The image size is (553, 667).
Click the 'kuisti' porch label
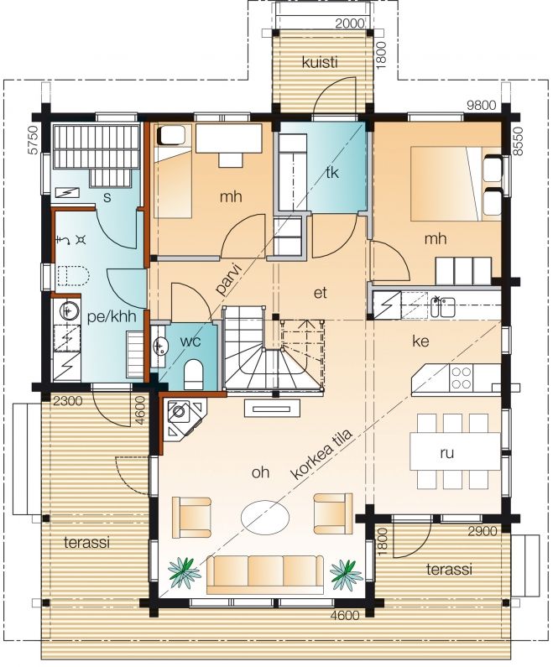(x=320, y=63)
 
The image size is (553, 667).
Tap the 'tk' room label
(x=331, y=172)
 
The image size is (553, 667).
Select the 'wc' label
(x=190, y=341)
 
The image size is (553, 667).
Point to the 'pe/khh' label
(x=112, y=317)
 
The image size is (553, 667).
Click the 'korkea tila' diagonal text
(x=321, y=454)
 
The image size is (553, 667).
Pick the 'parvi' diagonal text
(x=227, y=279)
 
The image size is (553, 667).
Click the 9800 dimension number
(x=481, y=105)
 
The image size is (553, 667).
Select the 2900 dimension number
(x=482, y=531)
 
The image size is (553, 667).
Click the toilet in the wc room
(x=194, y=374)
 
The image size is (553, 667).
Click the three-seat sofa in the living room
(x=264, y=574)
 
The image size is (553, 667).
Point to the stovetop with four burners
(x=462, y=378)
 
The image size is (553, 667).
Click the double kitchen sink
(x=442, y=306)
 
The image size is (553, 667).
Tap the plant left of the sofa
(x=184, y=573)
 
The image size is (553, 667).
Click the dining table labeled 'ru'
(x=455, y=451)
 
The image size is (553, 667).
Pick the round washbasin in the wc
(x=159, y=347)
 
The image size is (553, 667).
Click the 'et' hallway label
(x=321, y=293)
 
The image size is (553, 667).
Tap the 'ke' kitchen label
(x=420, y=341)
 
